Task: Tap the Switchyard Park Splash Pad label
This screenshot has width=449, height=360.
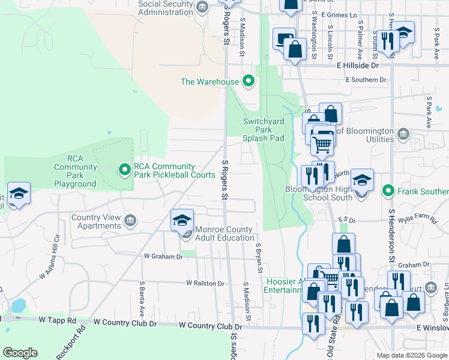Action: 263,129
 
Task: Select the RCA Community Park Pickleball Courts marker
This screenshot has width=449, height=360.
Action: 125,170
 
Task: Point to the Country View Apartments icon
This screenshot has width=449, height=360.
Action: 129,222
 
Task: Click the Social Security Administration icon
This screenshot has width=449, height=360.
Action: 202,7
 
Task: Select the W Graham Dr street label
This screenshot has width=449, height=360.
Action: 163,256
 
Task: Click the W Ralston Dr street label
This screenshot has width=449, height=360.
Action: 205,283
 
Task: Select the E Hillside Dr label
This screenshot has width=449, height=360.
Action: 358,65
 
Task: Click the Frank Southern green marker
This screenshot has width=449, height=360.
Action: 388,191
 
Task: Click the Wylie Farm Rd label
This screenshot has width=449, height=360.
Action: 420,220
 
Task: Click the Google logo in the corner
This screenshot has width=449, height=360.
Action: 20,353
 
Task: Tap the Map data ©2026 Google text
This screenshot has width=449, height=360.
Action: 411,355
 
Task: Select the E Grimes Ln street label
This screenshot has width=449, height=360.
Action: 339,14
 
